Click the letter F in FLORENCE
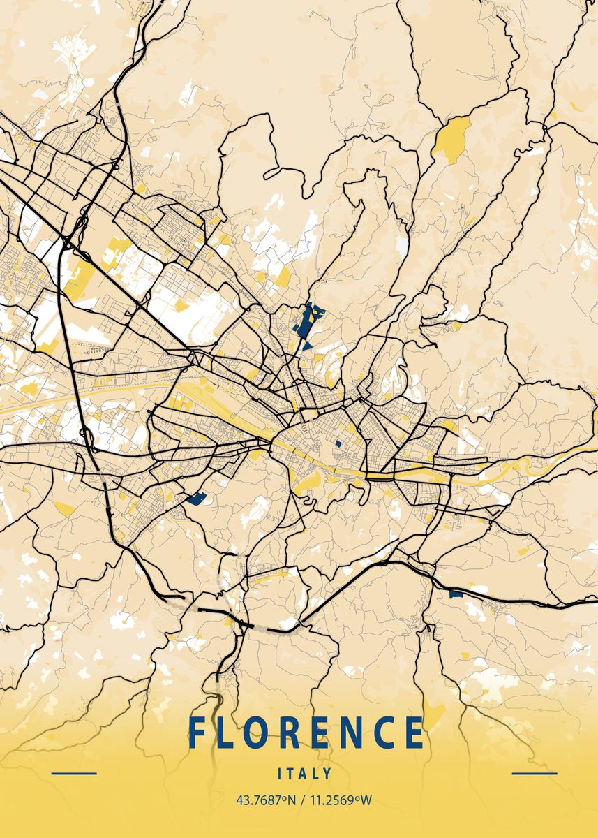click(197, 733)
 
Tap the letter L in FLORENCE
click(230, 733)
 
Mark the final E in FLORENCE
click(416, 733)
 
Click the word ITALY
click(305, 774)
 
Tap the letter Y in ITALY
click(328, 774)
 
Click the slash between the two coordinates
click(301, 800)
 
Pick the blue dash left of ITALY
click(74, 774)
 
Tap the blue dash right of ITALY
click(535, 774)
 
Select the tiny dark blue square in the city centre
click(338, 443)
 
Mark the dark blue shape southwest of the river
click(196, 498)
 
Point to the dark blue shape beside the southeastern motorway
click(456, 594)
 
